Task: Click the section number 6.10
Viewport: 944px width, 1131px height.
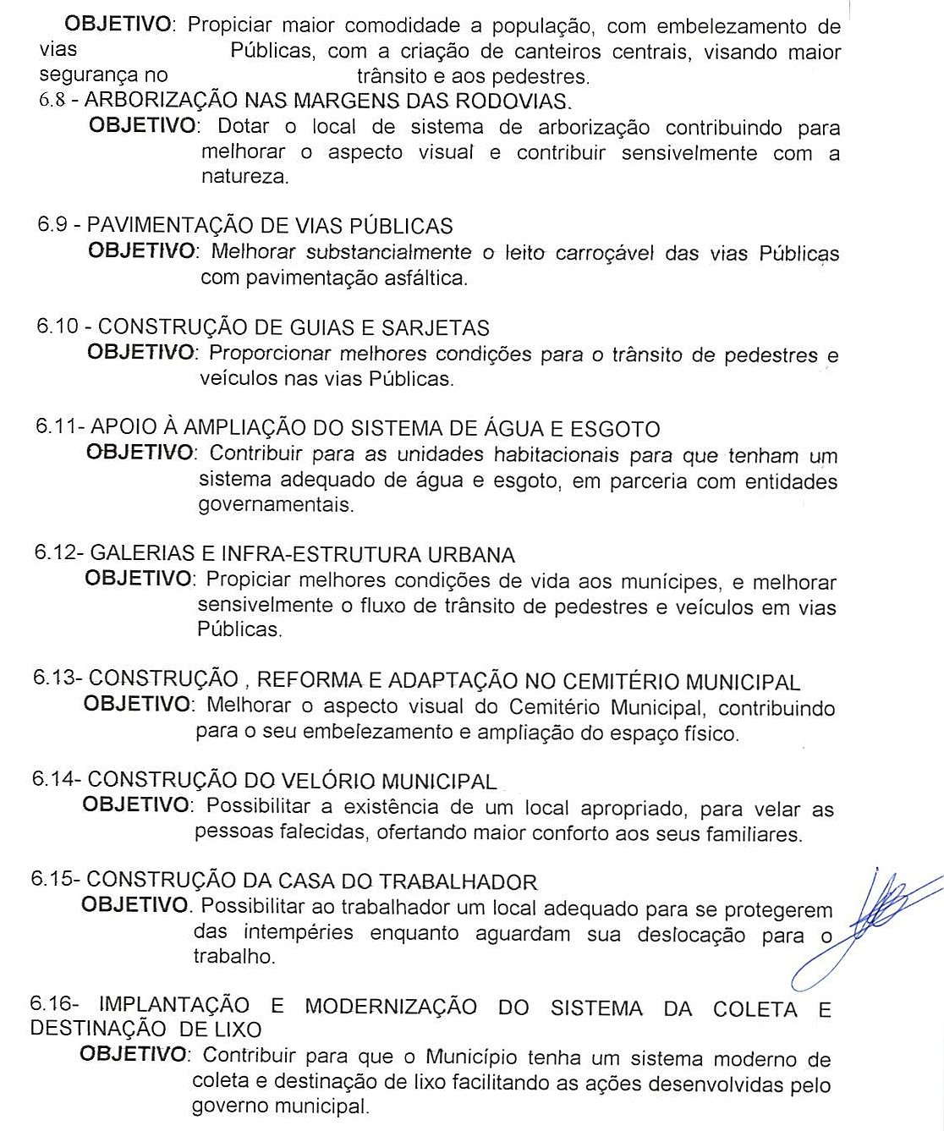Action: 57,327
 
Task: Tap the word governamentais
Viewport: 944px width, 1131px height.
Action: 276,505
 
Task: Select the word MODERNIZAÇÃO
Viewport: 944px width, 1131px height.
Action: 391,1007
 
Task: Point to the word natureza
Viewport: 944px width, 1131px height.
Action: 244,177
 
